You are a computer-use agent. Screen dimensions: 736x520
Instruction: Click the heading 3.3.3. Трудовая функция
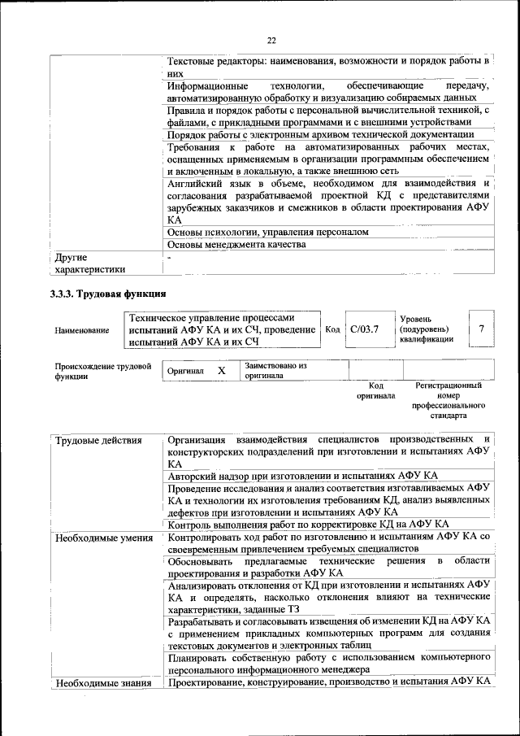coord(108,294)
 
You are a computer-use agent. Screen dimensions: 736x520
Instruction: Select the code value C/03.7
coord(364,329)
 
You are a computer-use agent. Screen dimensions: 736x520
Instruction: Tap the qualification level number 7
coord(481,329)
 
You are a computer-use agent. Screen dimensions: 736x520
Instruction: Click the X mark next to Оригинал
coord(221,371)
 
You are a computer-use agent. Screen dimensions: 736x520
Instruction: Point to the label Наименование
coord(81,330)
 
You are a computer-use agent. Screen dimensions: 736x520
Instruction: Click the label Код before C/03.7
coord(332,329)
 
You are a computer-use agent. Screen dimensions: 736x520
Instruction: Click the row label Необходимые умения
coord(103,538)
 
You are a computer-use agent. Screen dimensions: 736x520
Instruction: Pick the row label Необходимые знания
coord(103,683)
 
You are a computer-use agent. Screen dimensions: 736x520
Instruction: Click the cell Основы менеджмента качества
coord(236,245)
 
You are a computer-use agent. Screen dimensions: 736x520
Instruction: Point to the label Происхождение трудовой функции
coord(103,372)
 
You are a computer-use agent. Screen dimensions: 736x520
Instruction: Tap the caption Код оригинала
coord(375,391)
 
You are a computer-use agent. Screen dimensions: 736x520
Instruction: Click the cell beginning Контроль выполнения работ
coord(314,524)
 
